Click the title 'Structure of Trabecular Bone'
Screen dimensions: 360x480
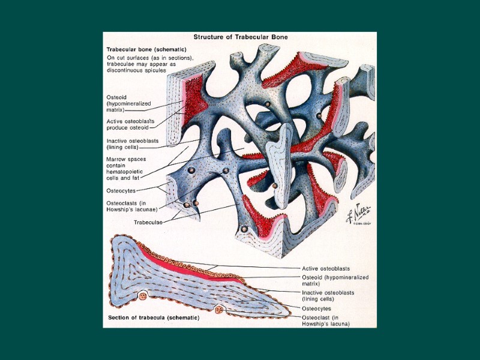pos(240,37)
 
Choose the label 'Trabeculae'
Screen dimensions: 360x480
pos(148,221)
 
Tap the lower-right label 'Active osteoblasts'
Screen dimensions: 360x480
pos(325,268)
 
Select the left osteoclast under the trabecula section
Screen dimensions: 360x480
pos(143,295)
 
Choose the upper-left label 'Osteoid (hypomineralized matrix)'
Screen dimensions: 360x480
pos(126,103)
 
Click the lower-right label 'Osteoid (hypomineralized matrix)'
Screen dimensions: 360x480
pos(334,280)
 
